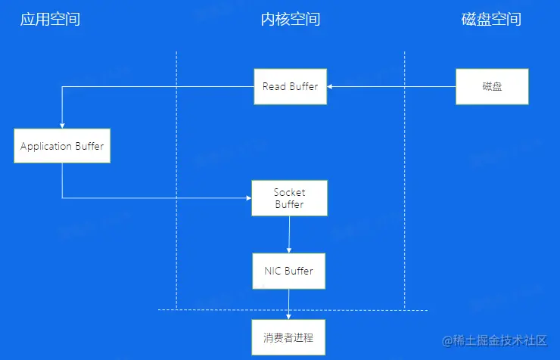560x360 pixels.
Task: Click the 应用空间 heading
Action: [x=49, y=19]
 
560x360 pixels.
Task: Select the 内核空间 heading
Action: [x=291, y=19]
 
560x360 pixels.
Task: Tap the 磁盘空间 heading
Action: [x=491, y=19]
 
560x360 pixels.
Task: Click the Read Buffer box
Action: [x=290, y=86]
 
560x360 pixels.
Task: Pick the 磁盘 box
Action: [x=492, y=86]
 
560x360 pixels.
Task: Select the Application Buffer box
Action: [x=62, y=146]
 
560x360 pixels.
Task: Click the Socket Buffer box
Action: [x=289, y=198]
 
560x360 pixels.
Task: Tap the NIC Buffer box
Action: [x=289, y=271]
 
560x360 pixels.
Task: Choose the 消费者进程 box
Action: [x=288, y=337]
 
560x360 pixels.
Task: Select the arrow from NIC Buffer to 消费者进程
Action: [x=289, y=304]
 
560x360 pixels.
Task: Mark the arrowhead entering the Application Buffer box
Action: [x=62, y=126]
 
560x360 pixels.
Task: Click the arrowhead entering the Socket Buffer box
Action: [x=248, y=198]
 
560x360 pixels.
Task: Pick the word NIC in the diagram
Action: [x=272, y=271]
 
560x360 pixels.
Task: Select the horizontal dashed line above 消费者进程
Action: [x=356, y=310]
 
